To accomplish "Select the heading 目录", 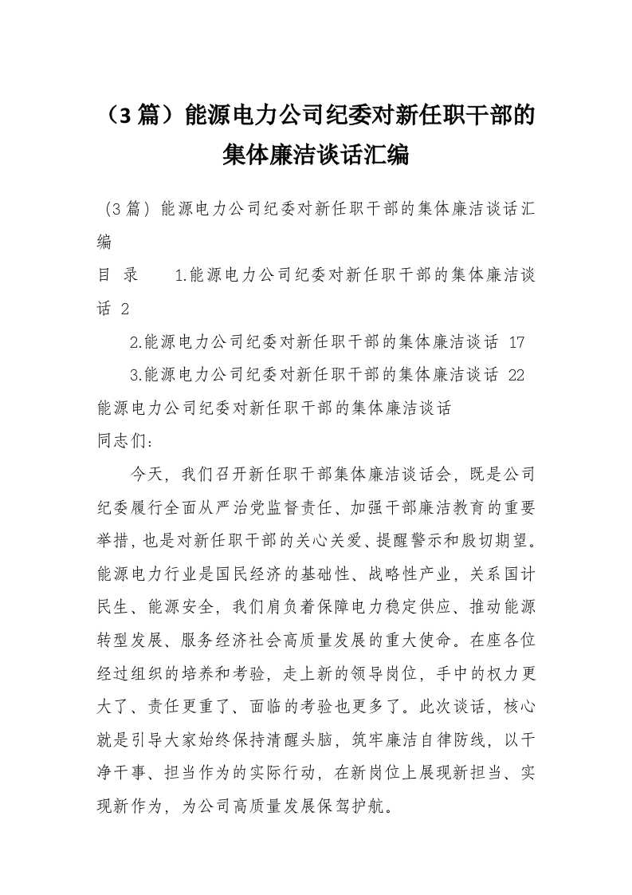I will coord(118,276).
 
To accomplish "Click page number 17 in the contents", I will coord(516,342).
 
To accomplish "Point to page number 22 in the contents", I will coord(516,375).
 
